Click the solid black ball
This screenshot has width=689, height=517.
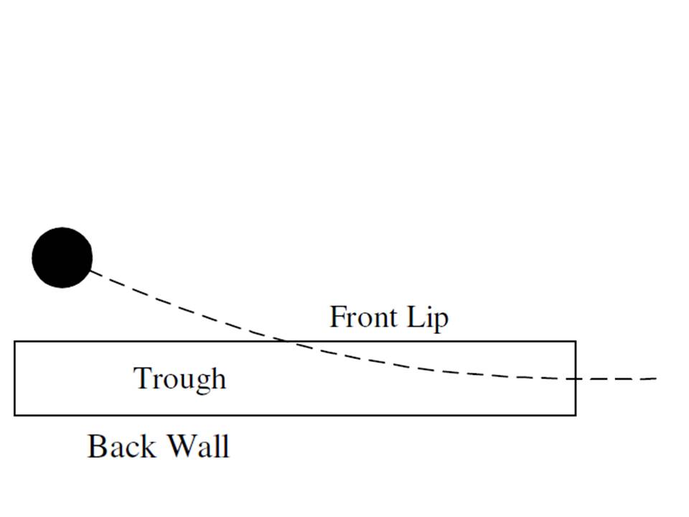[62, 258]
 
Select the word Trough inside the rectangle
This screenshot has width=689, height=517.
[180, 378]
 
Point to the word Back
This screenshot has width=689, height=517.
[121, 447]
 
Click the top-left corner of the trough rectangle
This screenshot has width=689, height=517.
[15, 342]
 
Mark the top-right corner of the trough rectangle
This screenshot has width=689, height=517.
[575, 342]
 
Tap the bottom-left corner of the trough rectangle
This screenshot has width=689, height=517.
[15, 414]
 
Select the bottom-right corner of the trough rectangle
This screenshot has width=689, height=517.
[575, 414]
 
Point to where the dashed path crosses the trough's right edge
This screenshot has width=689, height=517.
[575, 378]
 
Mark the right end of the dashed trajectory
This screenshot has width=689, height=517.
[656, 378]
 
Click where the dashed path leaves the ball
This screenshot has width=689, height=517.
[91, 271]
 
